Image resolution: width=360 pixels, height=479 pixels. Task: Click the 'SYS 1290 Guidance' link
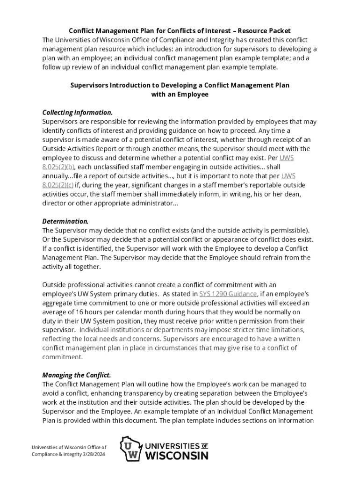(x=228, y=294)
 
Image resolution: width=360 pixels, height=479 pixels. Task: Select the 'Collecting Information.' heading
(x=77, y=113)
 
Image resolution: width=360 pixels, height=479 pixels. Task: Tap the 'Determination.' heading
(x=65, y=221)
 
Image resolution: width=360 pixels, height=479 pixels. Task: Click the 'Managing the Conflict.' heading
(x=77, y=375)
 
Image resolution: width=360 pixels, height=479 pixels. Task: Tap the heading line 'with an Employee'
(x=180, y=94)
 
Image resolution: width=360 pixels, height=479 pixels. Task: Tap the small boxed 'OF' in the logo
(x=204, y=445)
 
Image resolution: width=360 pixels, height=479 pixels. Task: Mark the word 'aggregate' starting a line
(x=57, y=303)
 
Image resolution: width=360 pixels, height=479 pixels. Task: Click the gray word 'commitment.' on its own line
(x=62, y=357)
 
